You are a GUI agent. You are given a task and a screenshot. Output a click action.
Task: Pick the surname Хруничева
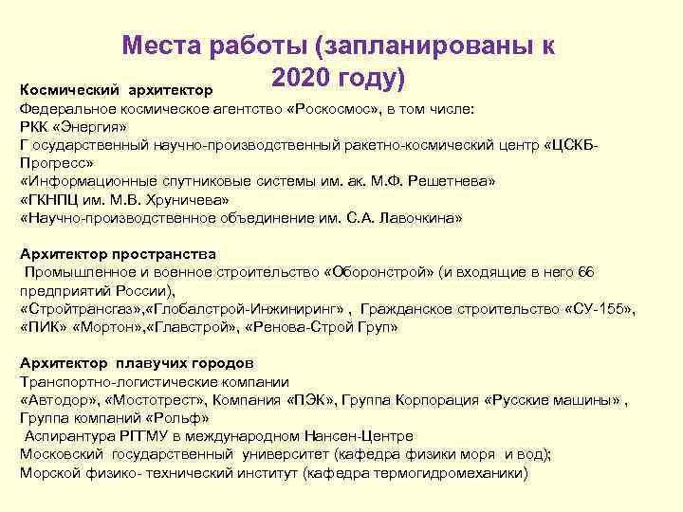coord(180,199)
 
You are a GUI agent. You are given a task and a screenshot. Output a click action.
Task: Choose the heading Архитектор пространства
coord(118,254)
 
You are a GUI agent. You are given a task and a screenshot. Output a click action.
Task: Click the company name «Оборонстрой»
coord(379,272)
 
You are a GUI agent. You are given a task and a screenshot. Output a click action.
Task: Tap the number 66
coord(586,272)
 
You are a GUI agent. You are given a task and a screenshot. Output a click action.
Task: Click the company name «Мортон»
coord(105,327)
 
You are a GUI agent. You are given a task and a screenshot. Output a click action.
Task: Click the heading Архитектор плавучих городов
coord(137,363)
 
